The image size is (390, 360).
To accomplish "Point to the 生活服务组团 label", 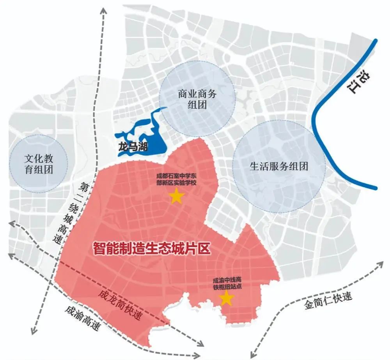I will tap(279, 166).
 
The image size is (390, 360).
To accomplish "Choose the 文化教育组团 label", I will tap(39, 164).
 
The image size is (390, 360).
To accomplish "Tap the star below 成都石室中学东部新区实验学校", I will tap(176, 197).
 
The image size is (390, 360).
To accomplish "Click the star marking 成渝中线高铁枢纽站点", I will tap(227, 299).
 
